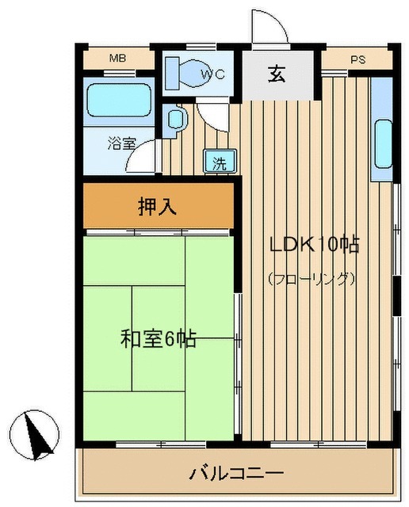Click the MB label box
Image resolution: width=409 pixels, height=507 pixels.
pyautogui.click(x=118, y=59)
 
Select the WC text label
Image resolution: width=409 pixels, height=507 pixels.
pyautogui.click(x=212, y=74)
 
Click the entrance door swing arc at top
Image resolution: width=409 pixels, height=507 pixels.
pyautogui.click(x=267, y=29)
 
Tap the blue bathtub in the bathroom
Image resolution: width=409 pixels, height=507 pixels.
pyautogui.click(x=118, y=101)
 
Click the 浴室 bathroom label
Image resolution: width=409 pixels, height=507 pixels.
pyautogui.click(x=121, y=144)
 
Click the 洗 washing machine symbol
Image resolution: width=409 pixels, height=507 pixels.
pyautogui.click(x=219, y=163)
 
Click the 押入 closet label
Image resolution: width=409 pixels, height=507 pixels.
pyautogui.click(x=158, y=208)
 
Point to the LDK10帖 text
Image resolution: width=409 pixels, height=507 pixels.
pyautogui.click(x=315, y=246)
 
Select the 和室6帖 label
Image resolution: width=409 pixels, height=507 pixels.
pyautogui.click(x=158, y=340)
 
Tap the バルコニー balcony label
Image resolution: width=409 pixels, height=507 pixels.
pyautogui.click(x=235, y=475)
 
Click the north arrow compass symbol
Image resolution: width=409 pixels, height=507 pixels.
pyautogui.click(x=36, y=434)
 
